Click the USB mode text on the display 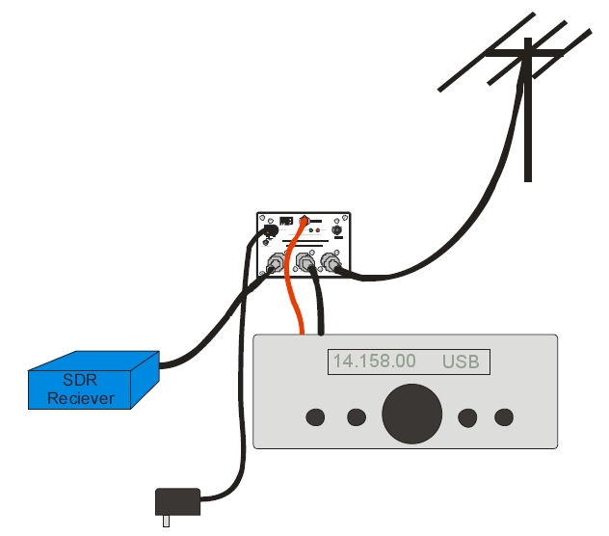461,362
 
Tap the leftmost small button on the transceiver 315,416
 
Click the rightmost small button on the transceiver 504,416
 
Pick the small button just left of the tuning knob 357,416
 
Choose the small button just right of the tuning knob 468,416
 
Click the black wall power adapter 178,501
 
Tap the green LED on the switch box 309,232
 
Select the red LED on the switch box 318,232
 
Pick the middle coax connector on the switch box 306,261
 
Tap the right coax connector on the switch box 331,260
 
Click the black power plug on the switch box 271,231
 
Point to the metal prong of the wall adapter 166,520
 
